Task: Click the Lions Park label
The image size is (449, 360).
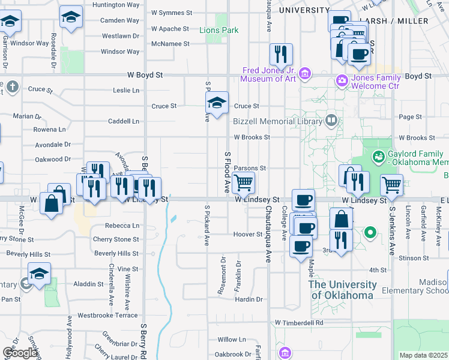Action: [218, 30]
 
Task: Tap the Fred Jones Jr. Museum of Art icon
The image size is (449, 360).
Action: [305, 74]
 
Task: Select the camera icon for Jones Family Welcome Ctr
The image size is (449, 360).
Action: [342, 80]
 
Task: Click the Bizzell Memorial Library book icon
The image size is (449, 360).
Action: [331, 121]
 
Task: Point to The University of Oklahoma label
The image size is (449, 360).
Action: [343, 289]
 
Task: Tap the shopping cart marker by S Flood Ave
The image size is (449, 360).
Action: [244, 182]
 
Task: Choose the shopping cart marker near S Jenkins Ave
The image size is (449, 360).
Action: [391, 185]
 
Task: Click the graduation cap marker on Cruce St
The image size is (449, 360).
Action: [217, 102]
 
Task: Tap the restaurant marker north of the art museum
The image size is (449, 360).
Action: [281, 55]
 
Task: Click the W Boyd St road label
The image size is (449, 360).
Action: [145, 76]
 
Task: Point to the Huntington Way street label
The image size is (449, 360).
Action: [116, 4]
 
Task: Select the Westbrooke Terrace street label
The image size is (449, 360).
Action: [107, 315]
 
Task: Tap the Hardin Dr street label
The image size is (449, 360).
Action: [249, 299]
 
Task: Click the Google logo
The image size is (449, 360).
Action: [20, 353]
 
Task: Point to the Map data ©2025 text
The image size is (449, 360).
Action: [423, 355]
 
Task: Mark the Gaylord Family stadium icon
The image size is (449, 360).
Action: [378, 157]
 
